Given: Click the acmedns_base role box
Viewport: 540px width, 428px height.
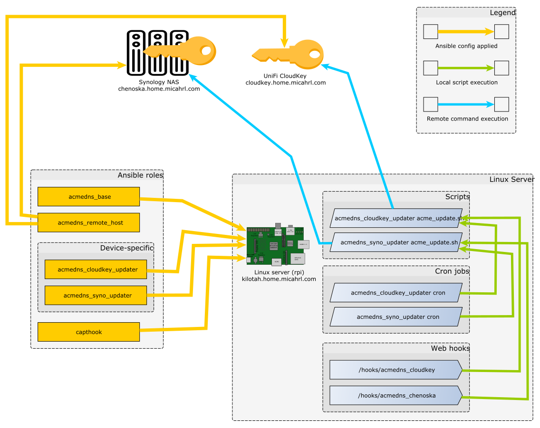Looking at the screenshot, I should (x=88, y=196).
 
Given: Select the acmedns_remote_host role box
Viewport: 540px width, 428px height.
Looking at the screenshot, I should (x=88, y=223).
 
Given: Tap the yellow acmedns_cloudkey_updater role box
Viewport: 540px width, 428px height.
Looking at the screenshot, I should (x=96, y=270).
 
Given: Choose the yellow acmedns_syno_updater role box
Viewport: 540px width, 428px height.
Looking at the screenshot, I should (x=96, y=295).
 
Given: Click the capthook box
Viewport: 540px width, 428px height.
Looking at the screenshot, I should (x=88, y=332).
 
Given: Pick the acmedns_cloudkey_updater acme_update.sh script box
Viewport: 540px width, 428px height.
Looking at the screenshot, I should (x=396, y=218).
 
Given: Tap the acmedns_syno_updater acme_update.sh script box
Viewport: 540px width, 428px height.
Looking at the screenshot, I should (x=396, y=242).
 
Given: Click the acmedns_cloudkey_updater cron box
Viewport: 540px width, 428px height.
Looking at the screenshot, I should (x=396, y=293).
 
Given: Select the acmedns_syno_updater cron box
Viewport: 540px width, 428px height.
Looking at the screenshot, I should (x=396, y=316).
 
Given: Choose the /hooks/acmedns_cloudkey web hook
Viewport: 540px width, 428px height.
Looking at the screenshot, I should (x=396, y=370).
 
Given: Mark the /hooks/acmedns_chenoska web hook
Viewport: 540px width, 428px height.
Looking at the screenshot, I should (x=396, y=395).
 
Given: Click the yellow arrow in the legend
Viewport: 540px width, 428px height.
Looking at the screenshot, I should (x=466, y=32).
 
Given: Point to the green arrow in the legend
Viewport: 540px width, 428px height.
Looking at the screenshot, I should (x=466, y=68).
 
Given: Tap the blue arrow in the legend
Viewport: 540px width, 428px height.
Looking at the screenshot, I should (x=466, y=104).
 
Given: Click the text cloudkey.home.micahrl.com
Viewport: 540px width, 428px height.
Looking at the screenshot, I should (x=285, y=83).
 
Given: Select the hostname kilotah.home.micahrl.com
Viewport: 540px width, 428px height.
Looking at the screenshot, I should (x=279, y=279).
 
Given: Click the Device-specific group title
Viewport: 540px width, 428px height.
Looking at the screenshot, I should (x=126, y=248).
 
